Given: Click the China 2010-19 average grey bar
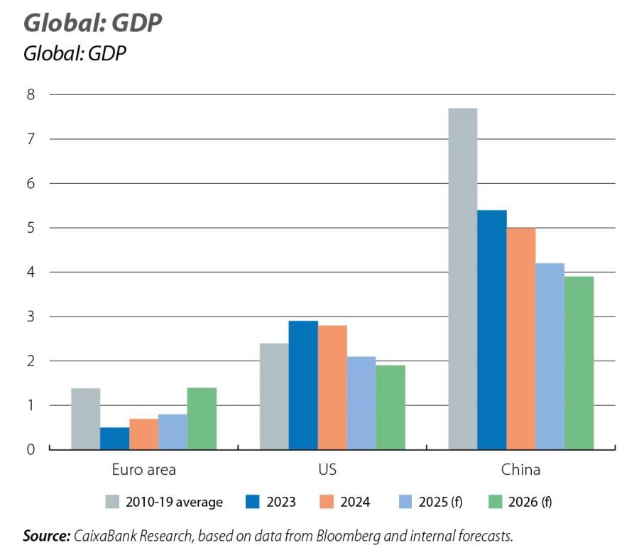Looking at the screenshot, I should coord(462,278).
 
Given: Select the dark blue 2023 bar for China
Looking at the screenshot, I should coord(491,329).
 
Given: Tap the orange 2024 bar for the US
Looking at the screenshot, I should coord(332,387).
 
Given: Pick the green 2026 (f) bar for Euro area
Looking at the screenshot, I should coord(202,418).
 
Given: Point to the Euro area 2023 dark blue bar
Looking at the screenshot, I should coord(114,438).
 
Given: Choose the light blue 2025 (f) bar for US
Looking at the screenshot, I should coord(361,402).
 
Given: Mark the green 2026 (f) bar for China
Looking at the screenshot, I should coord(579,363).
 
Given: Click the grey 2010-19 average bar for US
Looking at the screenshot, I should coord(274,396).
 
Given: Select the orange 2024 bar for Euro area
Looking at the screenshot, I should coord(143,434).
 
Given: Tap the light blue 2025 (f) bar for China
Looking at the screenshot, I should coord(550,356).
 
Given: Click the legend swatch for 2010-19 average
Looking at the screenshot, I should coord(112,502).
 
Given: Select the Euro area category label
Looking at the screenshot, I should coord(143,470).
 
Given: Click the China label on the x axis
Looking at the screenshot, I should coord(520,470).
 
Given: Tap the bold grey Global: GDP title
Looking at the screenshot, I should coord(93,23).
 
